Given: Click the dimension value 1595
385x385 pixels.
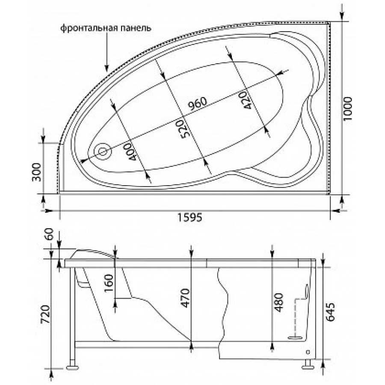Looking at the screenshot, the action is click(190, 217).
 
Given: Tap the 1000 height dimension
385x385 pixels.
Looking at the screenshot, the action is click(348, 109).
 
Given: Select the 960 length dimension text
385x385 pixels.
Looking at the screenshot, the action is click(198, 104).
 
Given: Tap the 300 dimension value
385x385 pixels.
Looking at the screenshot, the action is click(37, 172).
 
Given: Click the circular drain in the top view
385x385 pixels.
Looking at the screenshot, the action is click(103, 152).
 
